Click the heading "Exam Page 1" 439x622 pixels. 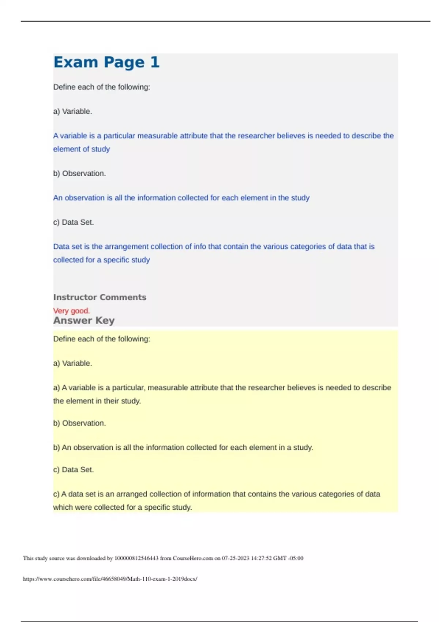[x=106, y=62]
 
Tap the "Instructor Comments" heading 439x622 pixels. [x=100, y=297]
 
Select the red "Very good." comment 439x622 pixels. [x=71, y=311]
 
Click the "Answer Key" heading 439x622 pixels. [x=84, y=321]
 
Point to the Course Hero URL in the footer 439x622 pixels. [x=110, y=579]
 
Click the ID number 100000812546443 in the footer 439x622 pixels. [x=136, y=558]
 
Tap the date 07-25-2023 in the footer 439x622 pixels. [x=236, y=558]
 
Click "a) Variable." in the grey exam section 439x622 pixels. [x=72, y=111]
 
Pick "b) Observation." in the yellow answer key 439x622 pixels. [x=79, y=423]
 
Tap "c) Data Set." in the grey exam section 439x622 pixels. [x=74, y=222]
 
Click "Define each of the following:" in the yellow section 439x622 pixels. [x=102, y=339]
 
